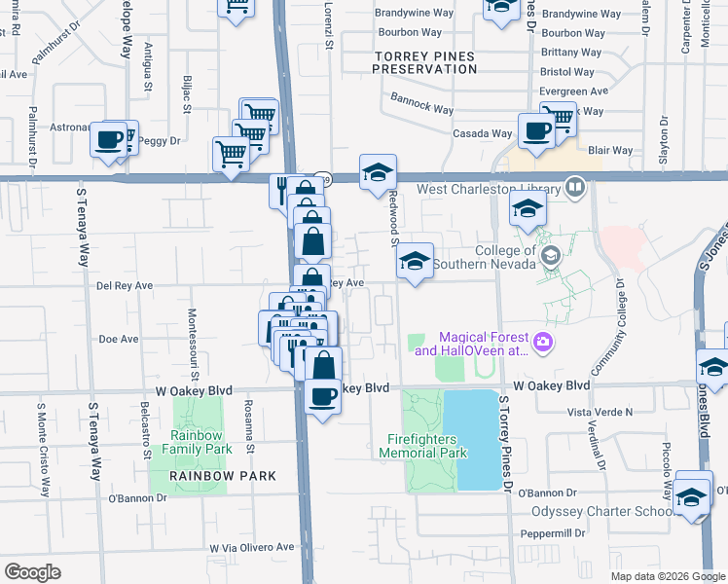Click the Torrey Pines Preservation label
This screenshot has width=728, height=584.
[426, 62]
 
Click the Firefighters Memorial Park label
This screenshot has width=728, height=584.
[427, 446]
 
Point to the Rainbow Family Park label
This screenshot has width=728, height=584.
[200, 442]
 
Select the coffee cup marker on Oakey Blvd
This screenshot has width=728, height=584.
[323, 396]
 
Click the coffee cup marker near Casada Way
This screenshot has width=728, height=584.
[535, 130]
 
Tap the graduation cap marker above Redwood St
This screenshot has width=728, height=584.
[378, 173]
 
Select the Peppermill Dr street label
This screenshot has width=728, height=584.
[552, 534]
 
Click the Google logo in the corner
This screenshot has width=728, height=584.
[32, 572]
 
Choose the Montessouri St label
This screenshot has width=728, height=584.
[193, 346]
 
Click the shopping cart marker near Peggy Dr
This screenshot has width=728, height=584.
[231, 153]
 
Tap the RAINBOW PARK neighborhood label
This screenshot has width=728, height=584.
[222, 476]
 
